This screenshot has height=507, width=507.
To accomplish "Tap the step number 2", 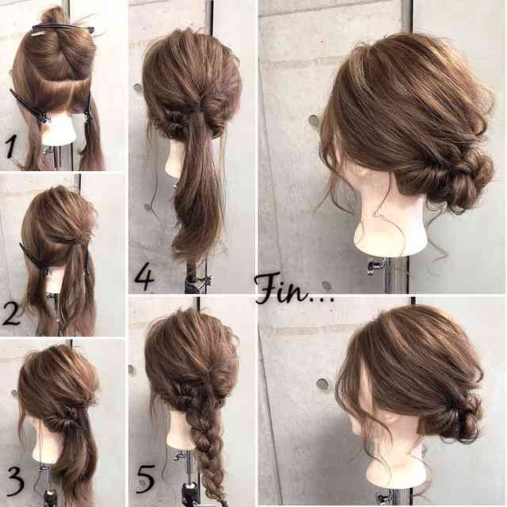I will click(11, 314).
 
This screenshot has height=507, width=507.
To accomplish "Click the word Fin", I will click(284, 291).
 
